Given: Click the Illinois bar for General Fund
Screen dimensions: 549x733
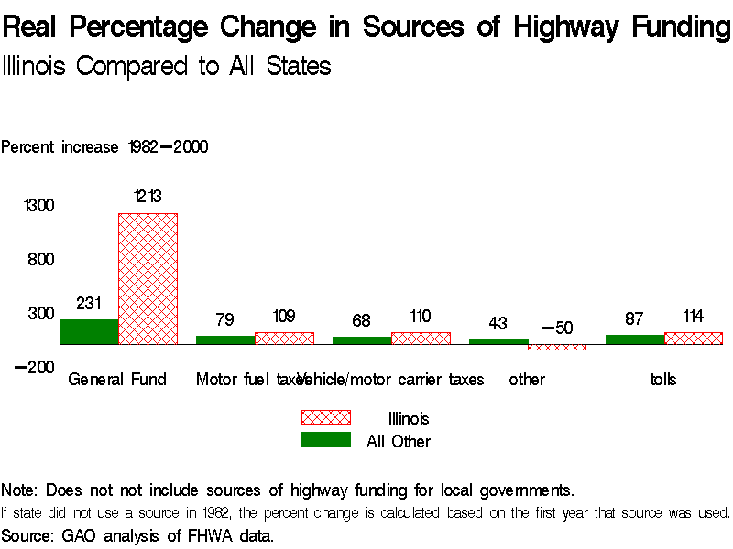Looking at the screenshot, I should [148, 278].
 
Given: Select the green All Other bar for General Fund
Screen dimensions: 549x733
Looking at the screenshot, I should [89, 331].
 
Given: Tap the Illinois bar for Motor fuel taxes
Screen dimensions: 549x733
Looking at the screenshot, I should [284, 338].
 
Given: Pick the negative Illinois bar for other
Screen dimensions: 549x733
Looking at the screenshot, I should [556, 347].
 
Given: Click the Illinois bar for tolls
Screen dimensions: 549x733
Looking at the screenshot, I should [694, 338].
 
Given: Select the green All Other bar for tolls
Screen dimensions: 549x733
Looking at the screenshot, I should [635, 339].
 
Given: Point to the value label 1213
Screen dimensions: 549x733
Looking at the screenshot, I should [148, 196].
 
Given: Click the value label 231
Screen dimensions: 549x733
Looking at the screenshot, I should [89, 303].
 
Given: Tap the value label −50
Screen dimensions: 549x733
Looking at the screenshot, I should [556, 328].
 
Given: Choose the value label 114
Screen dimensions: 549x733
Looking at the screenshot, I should [694, 317].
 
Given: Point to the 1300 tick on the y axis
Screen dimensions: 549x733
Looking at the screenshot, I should [39, 206].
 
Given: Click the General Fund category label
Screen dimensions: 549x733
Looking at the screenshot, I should [117, 379].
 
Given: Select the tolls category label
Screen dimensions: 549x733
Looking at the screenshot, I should [663, 379].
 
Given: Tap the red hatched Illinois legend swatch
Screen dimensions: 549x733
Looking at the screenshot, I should [326, 417].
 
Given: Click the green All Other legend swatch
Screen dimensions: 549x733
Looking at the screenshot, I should [326, 440].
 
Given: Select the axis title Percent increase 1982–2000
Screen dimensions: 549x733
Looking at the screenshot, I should [104, 146].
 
